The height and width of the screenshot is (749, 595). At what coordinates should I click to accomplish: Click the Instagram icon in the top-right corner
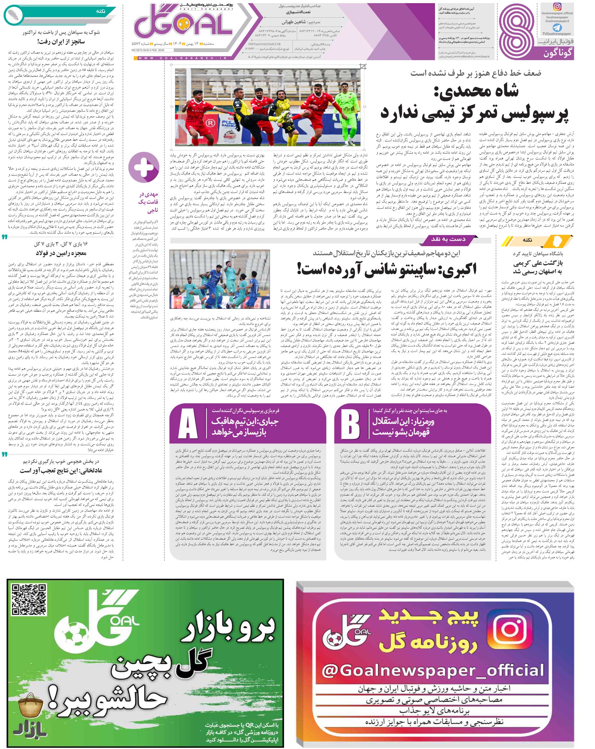(x=557, y=7)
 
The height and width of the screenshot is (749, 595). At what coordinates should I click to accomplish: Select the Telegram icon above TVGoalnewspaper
(x=557, y=27)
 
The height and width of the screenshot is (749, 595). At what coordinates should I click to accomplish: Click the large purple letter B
(x=350, y=426)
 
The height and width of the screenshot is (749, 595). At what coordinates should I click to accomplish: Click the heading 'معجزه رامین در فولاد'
(x=61, y=253)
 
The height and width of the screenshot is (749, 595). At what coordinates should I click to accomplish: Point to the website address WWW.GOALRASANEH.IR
(x=182, y=58)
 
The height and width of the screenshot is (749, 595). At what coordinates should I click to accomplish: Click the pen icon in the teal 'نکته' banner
(x=13, y=14)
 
